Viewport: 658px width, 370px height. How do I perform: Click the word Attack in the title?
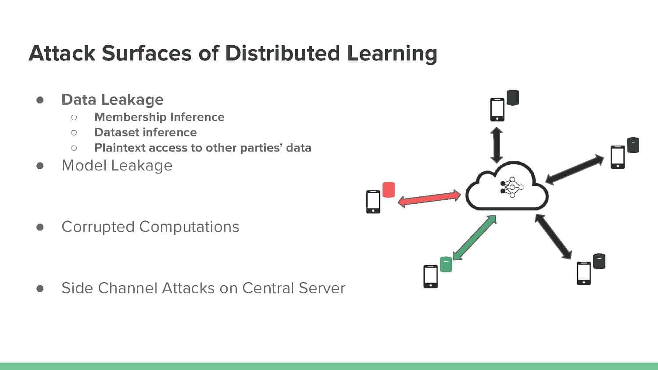(x=62, y=53)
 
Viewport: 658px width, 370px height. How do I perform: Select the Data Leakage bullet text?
(x=112, y=100)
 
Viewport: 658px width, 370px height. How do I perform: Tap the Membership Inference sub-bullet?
(x=159, y=117)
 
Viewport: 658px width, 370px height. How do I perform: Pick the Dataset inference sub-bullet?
(x=145, y=132)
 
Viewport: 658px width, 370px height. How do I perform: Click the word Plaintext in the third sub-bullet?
(x=120, y=148)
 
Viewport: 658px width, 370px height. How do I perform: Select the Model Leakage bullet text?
(x=117, y=165)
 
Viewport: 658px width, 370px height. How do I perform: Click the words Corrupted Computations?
(x=150, y=227)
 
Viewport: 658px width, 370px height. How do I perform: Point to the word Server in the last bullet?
(x=322, y=288)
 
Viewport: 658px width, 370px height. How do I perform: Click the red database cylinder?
(x=388, y=190)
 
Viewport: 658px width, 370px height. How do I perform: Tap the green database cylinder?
(x=446, y=264)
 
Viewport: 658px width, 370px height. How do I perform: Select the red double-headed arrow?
(x=429, y=199)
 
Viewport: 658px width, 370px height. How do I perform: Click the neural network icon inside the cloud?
(x=512, y=187)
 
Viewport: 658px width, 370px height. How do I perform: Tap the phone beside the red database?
(x=373, y=202)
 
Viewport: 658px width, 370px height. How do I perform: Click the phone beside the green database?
(x=430, y=276)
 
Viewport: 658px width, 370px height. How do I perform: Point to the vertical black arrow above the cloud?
(x=497, y=145)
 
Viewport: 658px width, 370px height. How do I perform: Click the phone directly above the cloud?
(x=497, y=110)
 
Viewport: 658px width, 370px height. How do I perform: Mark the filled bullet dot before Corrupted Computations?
(x=40, y=227)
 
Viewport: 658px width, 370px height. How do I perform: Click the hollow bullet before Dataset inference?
(x=74, y=133)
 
